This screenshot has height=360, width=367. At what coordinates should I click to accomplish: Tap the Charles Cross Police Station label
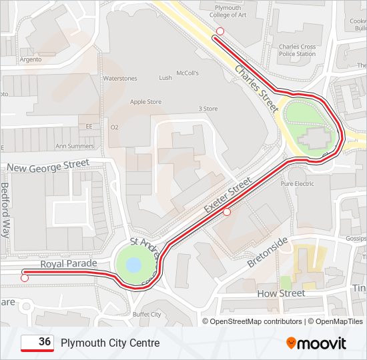pyautogui.click(x=297, y=50)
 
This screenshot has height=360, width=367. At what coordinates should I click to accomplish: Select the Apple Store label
pyautogui.click(x=145, y=102)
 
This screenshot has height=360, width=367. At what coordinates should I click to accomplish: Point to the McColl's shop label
pyautogui.click(x=188, y=73)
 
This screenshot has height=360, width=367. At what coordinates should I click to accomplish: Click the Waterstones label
pyautogui.click(x=119, y=79)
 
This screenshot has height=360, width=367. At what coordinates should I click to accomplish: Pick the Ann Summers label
pyautogui.click(x=74, y=146)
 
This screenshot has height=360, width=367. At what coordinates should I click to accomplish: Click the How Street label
pyautogui.click(x=281, y=293)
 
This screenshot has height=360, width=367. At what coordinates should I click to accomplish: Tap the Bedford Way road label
pyautogui.click(x=5, y=210)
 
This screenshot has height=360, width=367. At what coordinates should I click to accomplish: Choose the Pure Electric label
pyautogui.click(x=297, y=183)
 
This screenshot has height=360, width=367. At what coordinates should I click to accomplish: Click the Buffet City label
pyautogui.click(x=147, y=314)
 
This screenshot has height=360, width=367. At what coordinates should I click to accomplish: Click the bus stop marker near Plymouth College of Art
pyautogui.click(x=220, y=31)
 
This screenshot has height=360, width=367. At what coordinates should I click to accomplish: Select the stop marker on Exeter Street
pyautogui.click(x=227, y=212)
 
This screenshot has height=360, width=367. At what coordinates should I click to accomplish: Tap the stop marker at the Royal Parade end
pyautogui.click(x=25, y=278)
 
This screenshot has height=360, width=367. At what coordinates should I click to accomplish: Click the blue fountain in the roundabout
pyautogui.click(x=133, y=265)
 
